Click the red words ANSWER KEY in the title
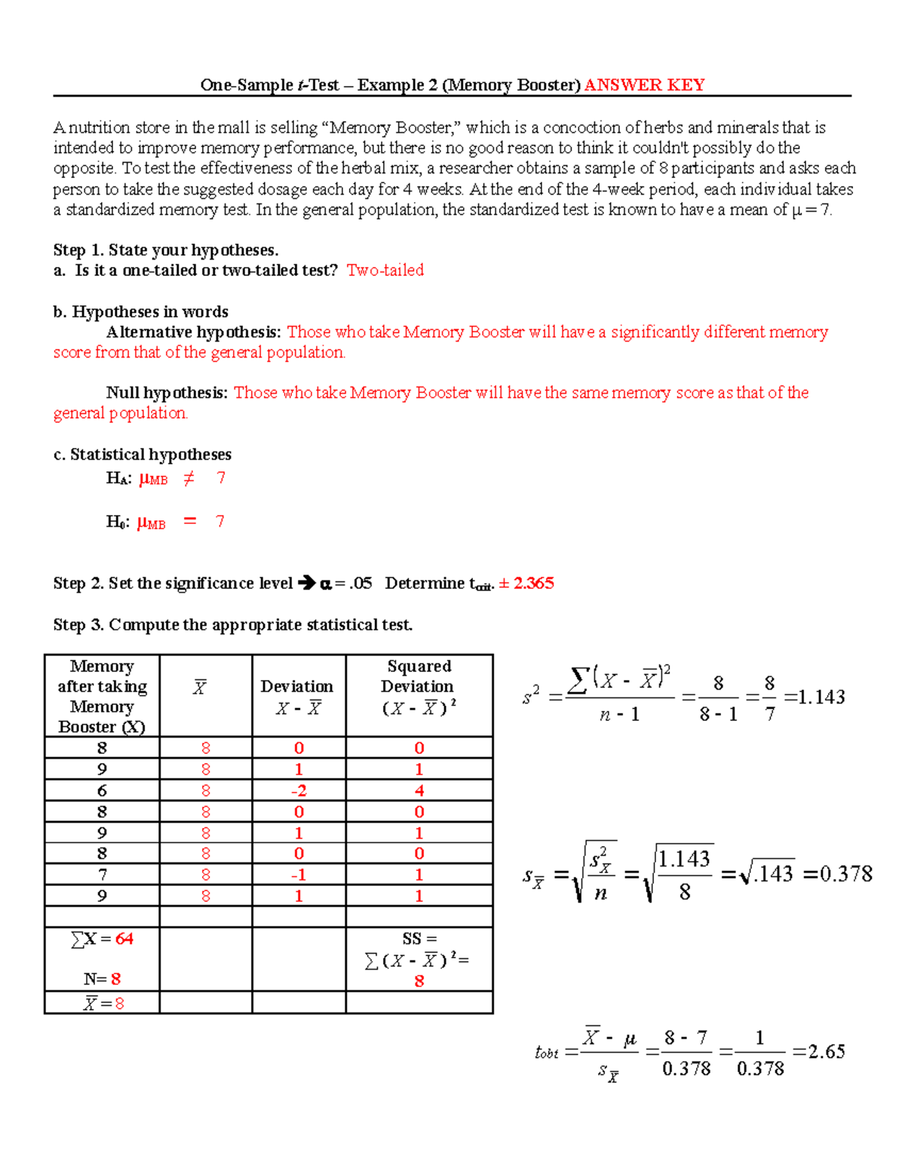tap(644, 85)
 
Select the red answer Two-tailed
tap(385, 270)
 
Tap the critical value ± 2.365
tap(526, 583)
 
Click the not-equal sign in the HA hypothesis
tap(189, 478)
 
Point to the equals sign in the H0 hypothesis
tap(190, 521)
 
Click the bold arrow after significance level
tap(306, 583)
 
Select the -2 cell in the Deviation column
tap(299, 790)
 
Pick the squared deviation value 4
tap(419, 790)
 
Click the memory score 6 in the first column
tap(102, 790)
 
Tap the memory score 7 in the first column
tap(102, 875)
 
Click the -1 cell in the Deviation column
tap(299, 875)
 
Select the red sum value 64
tap(124, 939)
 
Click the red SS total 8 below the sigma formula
tap(419, 981)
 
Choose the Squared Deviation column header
tap(419, 686)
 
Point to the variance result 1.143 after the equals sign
tap(821, 697)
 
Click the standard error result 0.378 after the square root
tap(845, 874)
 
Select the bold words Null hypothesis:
tap(167, 393)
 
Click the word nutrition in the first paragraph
tap(100, 127)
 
